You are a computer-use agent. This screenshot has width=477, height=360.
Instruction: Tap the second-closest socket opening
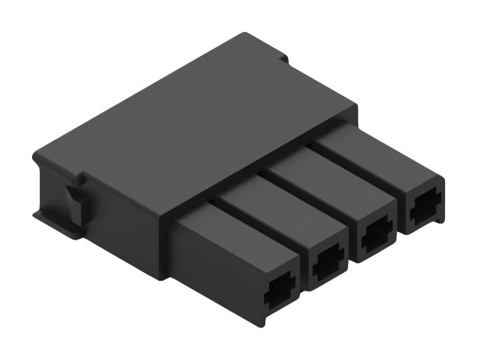pos(327,266)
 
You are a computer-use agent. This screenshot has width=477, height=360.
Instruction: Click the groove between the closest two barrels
pos(259,216)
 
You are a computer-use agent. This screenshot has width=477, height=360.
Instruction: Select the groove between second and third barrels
pos(306,190)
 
